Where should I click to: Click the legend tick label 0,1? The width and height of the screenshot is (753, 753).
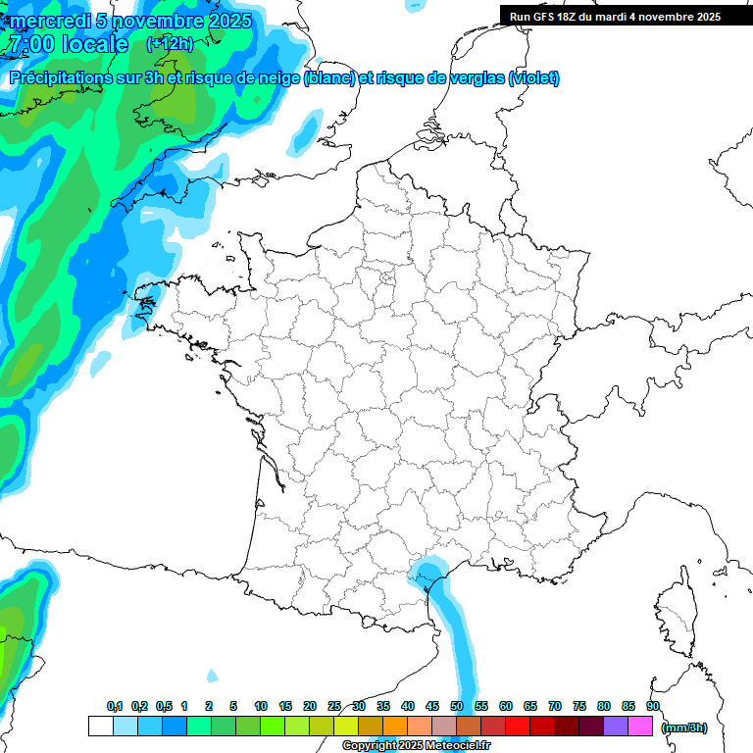pyautogui.click(x=115, y=706)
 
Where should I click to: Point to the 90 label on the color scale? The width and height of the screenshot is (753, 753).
pyautogui.click(x=653, y=706)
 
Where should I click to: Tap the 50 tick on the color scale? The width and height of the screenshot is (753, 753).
pyautogui.click(x=457, y=706)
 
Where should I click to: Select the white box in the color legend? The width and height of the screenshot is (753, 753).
pyautogui.click(x=100, y=726)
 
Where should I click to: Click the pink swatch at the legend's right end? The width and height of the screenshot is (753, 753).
pyautogui.click(x=640, y=726)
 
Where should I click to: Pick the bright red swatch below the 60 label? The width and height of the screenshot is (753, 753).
pyautogui.click(x=518, y=726)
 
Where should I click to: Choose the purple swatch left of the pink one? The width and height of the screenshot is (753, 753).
pyautogui.click(x=616, y=726)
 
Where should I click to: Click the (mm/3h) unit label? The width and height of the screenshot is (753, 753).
pyautogui.click(x=684, y=727)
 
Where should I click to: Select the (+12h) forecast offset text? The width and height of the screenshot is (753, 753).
pyautogui.click(x=169, y=44)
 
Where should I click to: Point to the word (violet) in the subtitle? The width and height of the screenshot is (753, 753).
pyautogui.click(x=534, y=78)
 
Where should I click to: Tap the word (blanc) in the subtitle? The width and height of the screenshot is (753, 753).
pyautogui.click(x=329, y=78)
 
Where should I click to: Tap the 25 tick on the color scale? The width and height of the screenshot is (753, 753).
pyautogui.click(x=334, y=706)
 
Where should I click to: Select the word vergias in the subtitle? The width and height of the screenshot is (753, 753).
pyautogui.click(x=475, y=78)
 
